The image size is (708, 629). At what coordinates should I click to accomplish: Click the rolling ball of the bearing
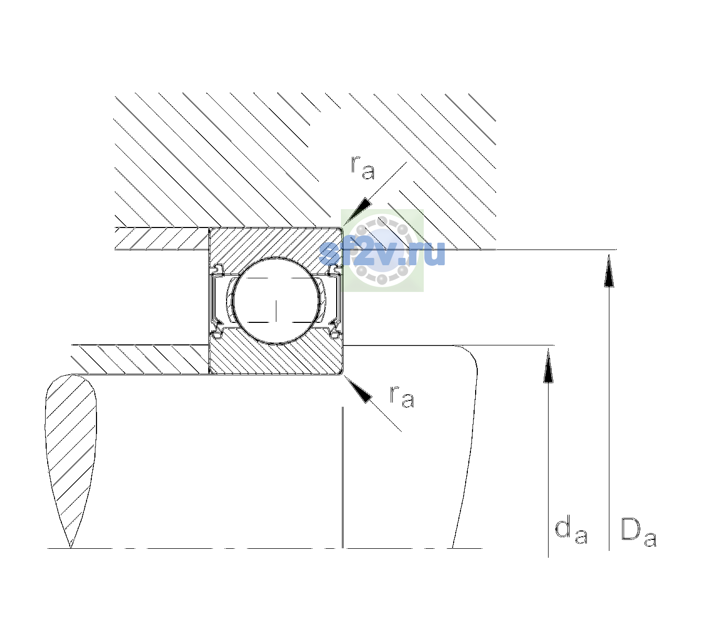[x=276, y=301]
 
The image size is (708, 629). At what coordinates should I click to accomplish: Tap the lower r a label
[x=402, y=397]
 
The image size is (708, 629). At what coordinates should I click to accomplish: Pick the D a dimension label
[x=639, y=533]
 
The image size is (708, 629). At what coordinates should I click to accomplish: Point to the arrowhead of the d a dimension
[x=548, y=365]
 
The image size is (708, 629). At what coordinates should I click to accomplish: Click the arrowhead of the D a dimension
[x=609, y=270]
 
